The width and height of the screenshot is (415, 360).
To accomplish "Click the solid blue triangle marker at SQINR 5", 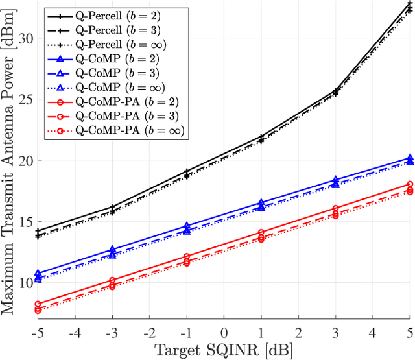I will coord(409,158).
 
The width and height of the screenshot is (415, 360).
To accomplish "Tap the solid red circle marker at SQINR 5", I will coord(409,184).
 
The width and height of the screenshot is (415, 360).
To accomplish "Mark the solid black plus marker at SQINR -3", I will coord(112,207).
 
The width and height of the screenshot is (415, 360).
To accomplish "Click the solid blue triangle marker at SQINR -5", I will coord(38,274).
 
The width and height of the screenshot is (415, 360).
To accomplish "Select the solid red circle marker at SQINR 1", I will coord(261,232).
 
